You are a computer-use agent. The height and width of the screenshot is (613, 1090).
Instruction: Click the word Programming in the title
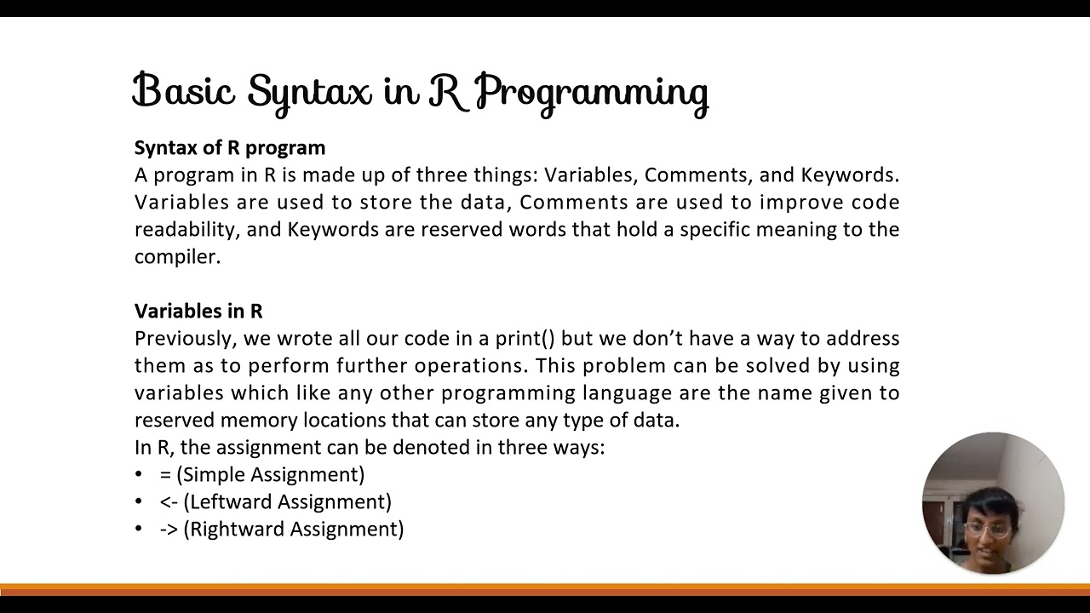[591, 92]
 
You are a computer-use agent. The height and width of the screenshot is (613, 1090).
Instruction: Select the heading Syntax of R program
[230, 147]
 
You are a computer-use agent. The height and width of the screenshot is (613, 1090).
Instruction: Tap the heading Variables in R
[198, 311]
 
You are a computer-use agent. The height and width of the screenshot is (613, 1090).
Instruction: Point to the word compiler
[177, 257]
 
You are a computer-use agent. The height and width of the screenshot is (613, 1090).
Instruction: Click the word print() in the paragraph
[525, 339]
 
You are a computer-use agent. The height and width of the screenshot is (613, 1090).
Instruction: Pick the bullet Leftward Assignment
[287, 502]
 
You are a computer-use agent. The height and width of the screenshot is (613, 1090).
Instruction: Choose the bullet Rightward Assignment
[293, 530]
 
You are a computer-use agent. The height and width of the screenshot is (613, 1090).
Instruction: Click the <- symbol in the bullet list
[168, 502]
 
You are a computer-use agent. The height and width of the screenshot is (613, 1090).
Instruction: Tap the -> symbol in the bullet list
[168, 530]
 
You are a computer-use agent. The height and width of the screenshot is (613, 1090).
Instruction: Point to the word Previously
[184, 339]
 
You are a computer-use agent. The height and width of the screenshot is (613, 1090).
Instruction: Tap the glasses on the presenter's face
[989, 530]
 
